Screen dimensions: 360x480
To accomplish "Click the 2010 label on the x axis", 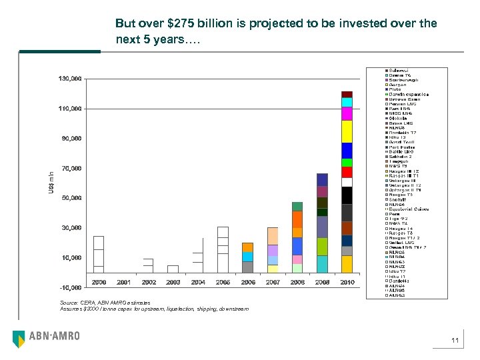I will pyautogui.click(x=347, y=282).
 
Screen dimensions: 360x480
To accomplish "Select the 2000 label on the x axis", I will pyautogui.click(x=99, y=282).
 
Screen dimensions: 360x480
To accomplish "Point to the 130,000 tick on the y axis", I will pyautogui.click(x=71, y=79).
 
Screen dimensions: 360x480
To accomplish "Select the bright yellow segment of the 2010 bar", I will pyautogui.click(x=347, y=131).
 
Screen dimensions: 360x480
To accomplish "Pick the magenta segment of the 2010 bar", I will pyautogui.click(x=347, y=113).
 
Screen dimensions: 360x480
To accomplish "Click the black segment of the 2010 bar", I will pyautogui.click(x=347, y=195).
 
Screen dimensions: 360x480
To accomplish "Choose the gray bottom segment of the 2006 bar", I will pyautogui.click(x=247, y=267).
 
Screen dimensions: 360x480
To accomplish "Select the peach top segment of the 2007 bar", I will pyautogui.click(x=273, y=236).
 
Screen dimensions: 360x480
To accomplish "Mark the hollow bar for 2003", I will pyautogui.click(x=173, y=269).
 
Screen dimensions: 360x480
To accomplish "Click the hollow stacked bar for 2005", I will pyautogui.click(x=223, y=250).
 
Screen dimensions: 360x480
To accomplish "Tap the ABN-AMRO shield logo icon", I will pyautogui.click(x=19, y=339).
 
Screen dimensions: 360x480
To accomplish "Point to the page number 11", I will pyautogui.click(x=455, y=341).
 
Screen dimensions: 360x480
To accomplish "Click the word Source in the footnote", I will pyautogui.click(x=69, y=303).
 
